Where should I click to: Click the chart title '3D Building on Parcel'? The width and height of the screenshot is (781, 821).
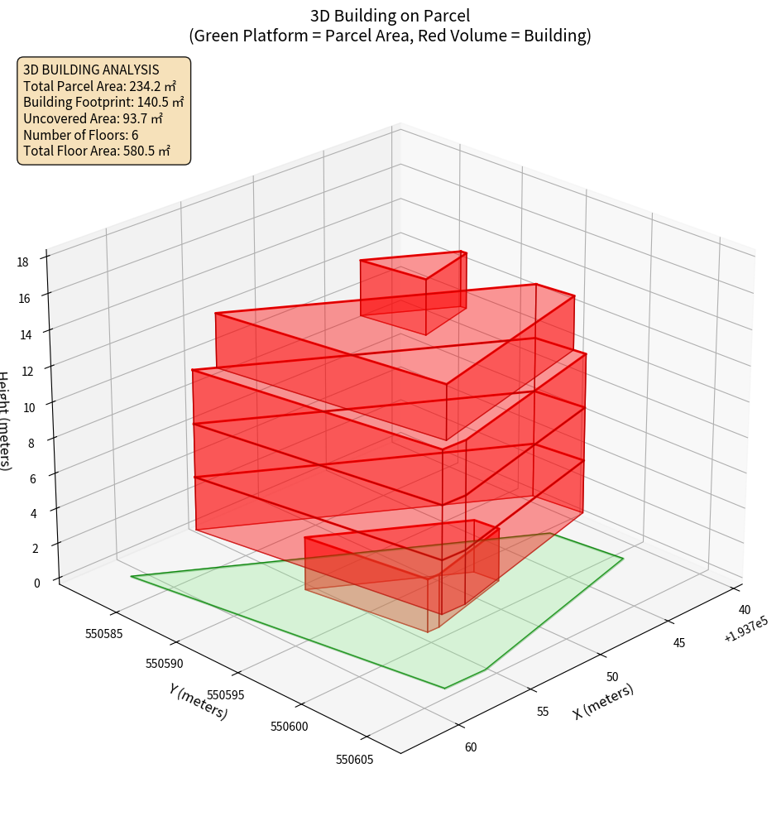pos(390,15)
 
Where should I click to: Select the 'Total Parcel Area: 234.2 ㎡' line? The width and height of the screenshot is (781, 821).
pos(100,86)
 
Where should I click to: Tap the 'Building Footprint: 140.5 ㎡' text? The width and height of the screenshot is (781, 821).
pos(103,103)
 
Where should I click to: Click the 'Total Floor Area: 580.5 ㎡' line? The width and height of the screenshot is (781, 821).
pos(97,151)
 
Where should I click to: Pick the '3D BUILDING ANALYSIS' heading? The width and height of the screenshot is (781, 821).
pos(91,70)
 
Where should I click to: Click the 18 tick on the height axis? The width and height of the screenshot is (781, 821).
pos(22,262)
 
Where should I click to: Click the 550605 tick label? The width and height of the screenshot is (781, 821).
pos(353,759)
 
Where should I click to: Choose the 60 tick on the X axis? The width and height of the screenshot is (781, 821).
pos(470,747)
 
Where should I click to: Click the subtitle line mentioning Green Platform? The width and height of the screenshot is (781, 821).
pos(390,36)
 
